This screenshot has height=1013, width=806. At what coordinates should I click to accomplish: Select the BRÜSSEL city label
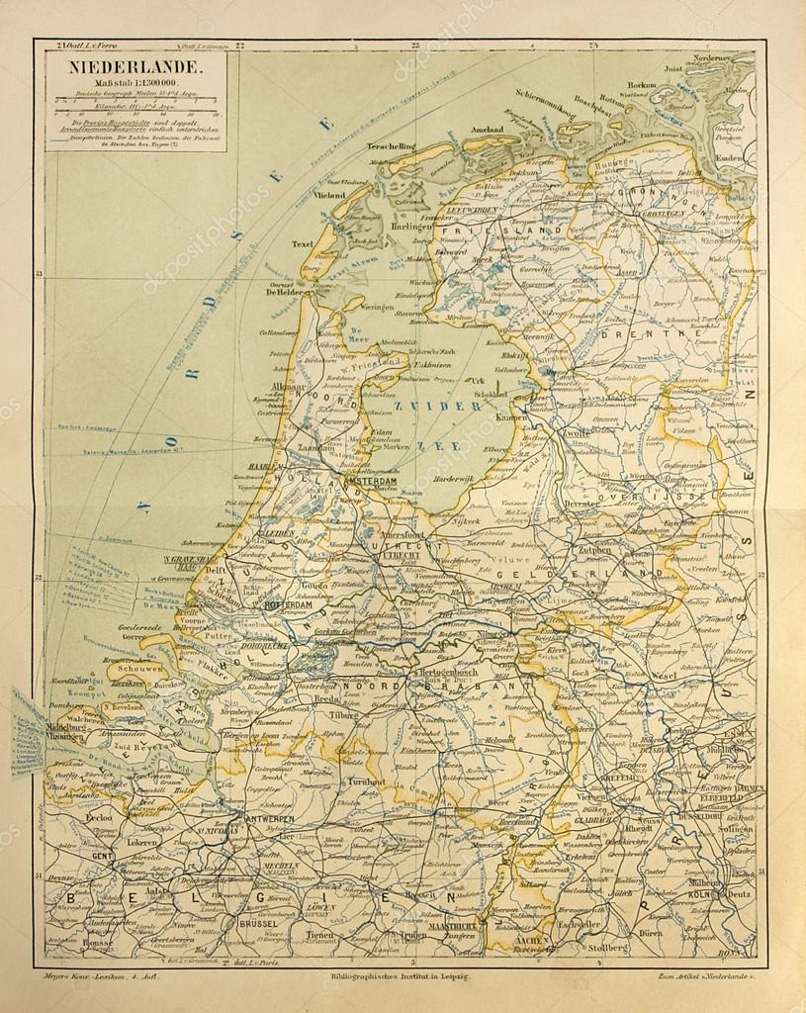[x=258, y=924]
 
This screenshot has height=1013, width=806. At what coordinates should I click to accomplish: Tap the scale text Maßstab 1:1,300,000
[x=135, y=82]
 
